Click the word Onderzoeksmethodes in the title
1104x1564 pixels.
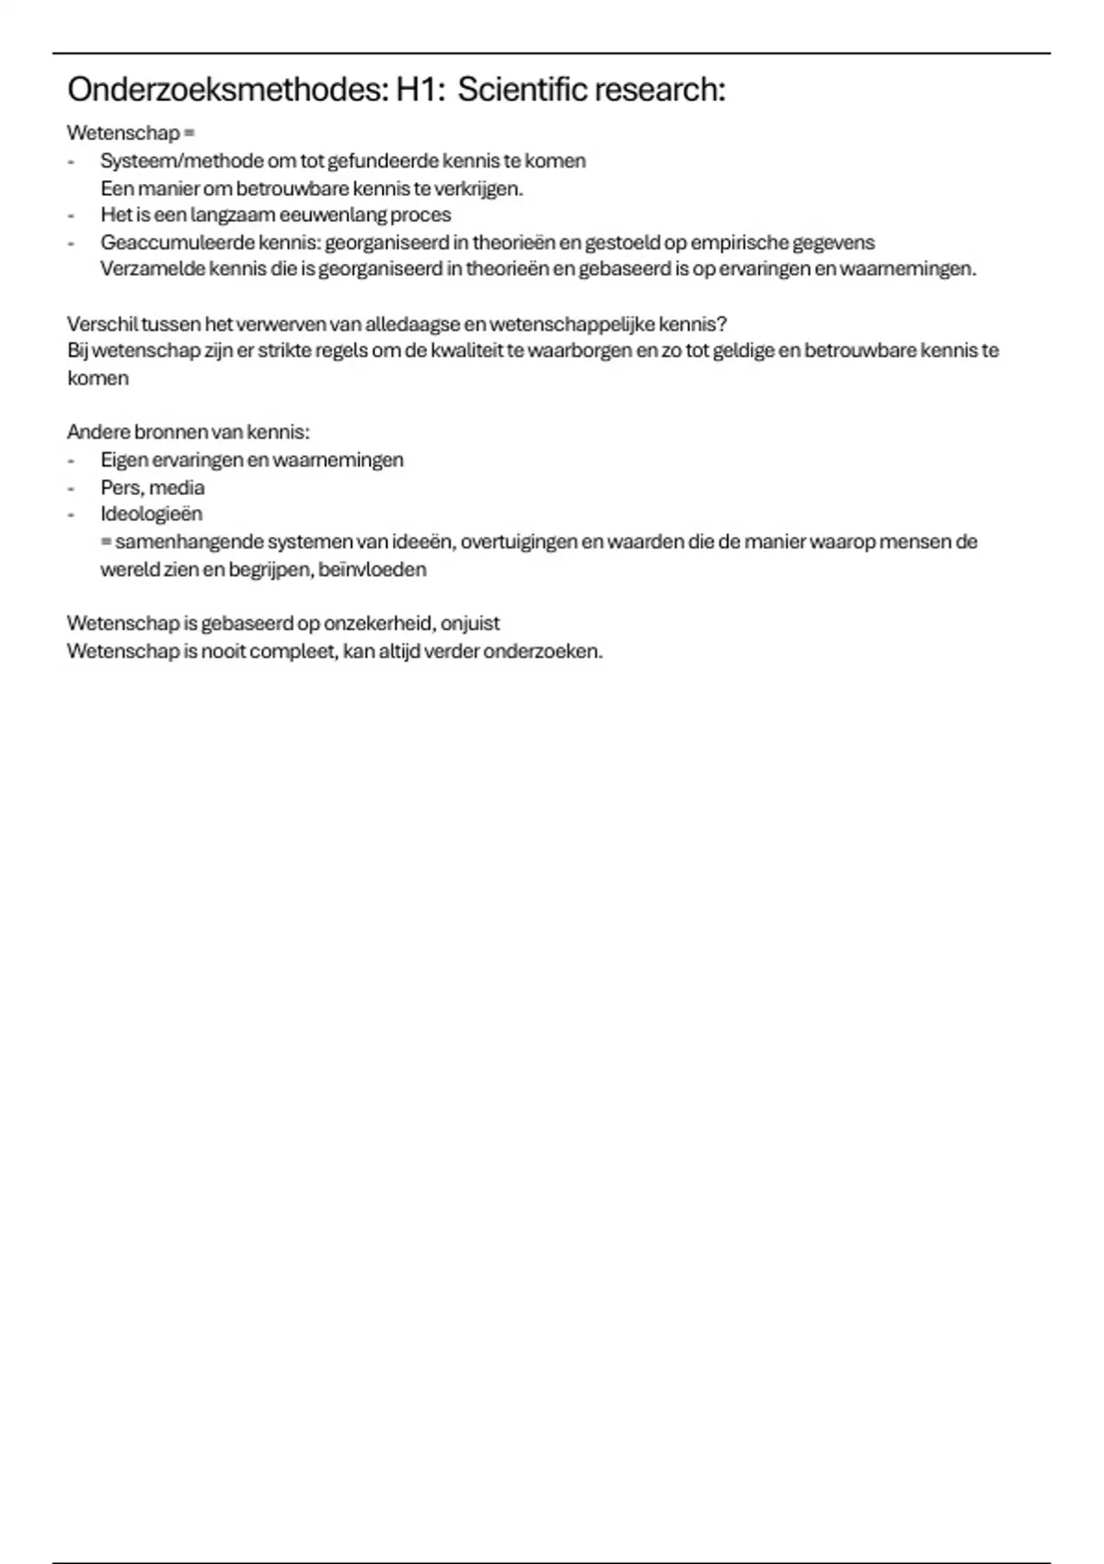(221, 90)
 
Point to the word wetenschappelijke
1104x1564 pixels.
(571, 324)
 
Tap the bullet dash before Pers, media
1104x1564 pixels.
(71, 488)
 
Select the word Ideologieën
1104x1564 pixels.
(151, 514)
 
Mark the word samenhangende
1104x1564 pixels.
(189, 542)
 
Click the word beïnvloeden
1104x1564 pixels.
(372, 569)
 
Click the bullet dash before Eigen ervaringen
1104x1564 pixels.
(71, 460)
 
